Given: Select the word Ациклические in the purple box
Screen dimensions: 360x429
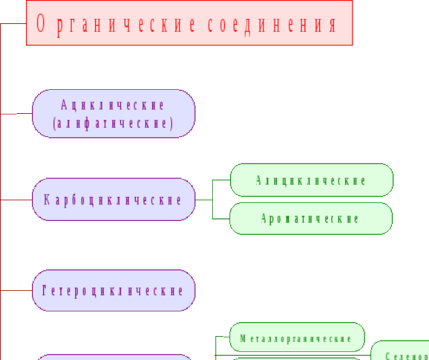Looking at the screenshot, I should tap(113, 105).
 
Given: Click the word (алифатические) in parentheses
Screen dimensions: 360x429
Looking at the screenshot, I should tap(113, 123).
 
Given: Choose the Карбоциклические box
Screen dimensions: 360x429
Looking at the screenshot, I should tap(113, 199).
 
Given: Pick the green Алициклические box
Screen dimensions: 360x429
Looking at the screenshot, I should tap(311, 180).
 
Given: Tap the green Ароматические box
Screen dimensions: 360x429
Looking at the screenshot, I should tap(311, 218).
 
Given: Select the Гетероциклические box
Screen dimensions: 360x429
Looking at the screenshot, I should tap(113, 291).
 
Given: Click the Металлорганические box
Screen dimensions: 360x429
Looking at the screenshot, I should tap(296, 337).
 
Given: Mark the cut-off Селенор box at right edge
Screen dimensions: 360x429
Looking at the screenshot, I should tap(400, 351).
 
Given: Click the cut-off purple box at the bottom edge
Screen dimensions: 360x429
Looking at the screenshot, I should tap(113, 357).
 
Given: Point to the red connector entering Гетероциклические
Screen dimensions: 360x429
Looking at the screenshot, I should tap(17, 291).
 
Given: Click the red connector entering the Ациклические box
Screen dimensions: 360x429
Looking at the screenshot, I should tap(17, 114).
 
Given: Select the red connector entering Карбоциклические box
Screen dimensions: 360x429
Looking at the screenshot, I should tap(17, 199).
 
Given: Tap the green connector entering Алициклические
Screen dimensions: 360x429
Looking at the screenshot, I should tap(221, 180).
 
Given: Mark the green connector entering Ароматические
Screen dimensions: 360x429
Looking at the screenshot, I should tap(221, 219).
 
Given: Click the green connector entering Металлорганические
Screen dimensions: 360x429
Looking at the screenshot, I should tap(223, 337).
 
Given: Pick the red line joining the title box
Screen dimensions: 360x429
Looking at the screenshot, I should tap(13, 24).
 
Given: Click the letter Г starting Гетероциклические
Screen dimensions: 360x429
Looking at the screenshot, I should tap(45, 291).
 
